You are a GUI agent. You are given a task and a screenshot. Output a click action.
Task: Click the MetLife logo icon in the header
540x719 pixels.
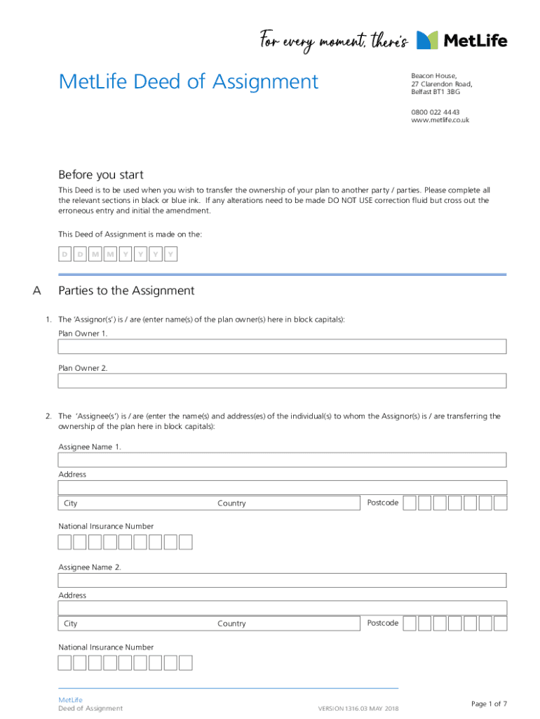point(427,40)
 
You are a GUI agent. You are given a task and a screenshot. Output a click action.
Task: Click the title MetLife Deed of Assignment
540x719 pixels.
point(189,81)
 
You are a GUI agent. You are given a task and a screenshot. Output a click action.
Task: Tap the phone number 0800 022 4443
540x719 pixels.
point(435,112)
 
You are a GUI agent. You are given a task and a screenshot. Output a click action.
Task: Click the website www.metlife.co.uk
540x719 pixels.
point(440,120)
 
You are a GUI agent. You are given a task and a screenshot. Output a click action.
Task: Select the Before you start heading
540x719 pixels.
point(100,175)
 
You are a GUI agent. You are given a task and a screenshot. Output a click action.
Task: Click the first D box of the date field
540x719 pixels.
point(65,254)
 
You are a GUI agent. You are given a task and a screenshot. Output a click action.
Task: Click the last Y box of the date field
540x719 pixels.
point(170,254)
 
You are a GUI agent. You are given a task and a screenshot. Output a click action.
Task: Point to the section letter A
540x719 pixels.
point(37,291)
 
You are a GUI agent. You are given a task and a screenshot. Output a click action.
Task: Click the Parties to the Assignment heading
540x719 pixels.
point(126,291)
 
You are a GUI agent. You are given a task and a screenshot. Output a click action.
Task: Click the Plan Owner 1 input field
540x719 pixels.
point(281,346)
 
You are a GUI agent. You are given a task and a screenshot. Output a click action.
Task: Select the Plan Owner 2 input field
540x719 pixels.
point(281,381)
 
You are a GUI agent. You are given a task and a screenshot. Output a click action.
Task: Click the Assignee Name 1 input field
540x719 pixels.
point(281,460)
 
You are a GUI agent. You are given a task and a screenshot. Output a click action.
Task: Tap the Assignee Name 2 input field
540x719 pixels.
point(281,580)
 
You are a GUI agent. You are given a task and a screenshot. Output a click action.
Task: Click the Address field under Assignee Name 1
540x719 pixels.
point(281,487)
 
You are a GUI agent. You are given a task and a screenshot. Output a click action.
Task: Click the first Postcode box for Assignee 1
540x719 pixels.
point(410,503)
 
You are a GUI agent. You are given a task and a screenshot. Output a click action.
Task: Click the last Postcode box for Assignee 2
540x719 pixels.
point(500,624)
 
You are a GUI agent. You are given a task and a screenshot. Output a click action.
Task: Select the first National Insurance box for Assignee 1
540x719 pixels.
point(65,542)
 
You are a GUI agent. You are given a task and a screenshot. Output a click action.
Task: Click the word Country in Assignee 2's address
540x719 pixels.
point(231,624)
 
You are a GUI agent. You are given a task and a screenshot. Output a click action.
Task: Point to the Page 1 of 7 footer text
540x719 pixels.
point(489,704)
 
